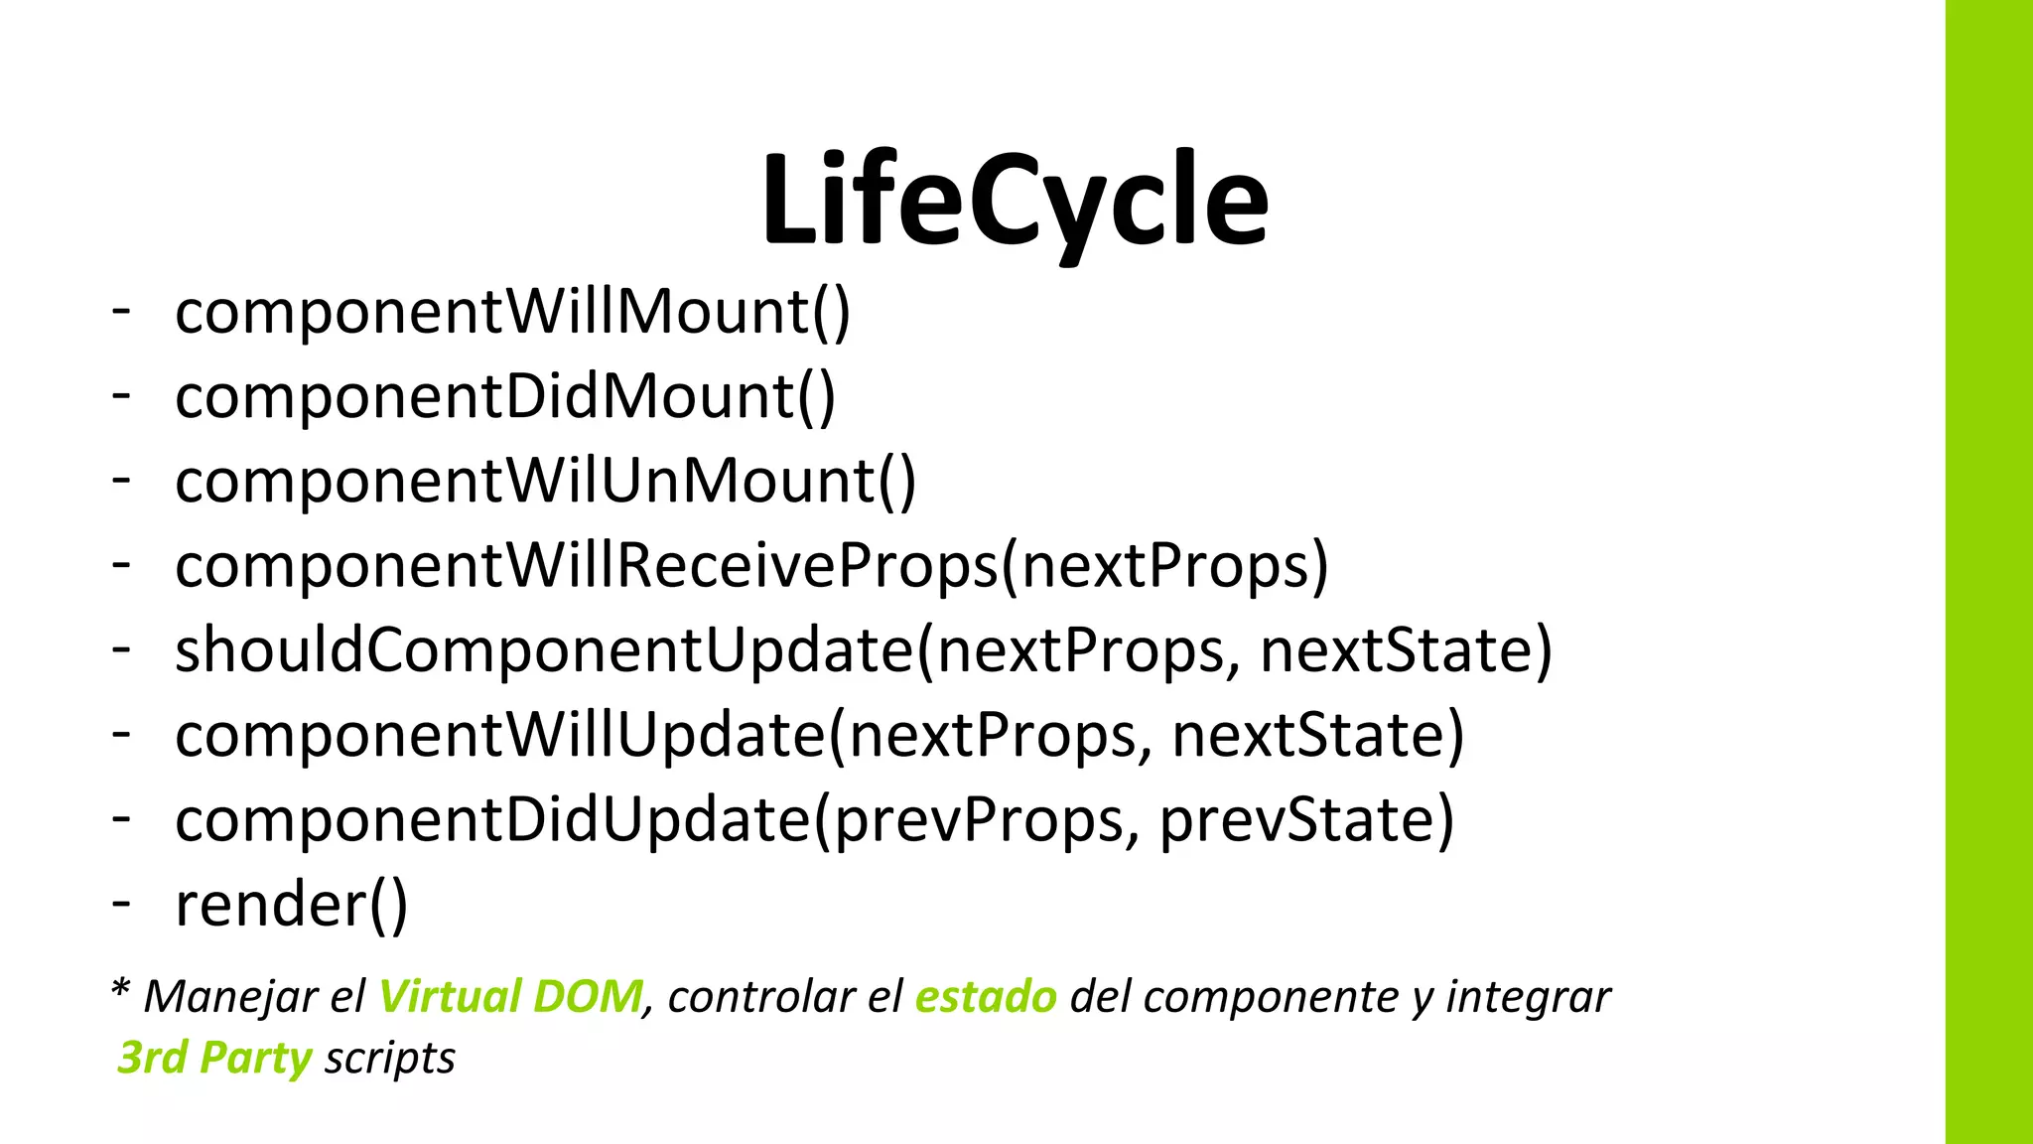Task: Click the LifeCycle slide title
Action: (1015, 201)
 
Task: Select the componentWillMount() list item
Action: (512, 312)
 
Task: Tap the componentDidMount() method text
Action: (505, 396)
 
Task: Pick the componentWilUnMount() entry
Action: (545, 481)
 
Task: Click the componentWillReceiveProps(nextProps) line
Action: (750, 566)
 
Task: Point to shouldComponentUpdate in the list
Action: (543, 650)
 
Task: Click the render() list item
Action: (291, 905)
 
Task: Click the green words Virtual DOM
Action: (510, 996)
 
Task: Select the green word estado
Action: (986, 996)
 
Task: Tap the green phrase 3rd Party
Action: (214, 1058)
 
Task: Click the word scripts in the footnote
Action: (390, 1058)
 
